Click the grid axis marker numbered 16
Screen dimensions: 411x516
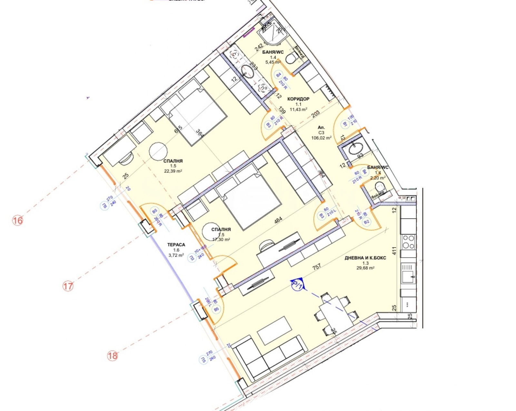point(18,221)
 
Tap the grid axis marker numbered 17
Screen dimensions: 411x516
point(68,286)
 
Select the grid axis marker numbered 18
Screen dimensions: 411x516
point(112,356)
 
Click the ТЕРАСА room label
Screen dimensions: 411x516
point(176,245)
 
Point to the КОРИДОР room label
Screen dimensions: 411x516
point(298,99)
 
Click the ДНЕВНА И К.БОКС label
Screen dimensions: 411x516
point(365,258)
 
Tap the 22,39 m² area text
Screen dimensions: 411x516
point(173,171)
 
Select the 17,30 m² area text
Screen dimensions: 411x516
point(221,240)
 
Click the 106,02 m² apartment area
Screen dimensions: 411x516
point(321,138)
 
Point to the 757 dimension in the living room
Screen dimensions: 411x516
point(317,267)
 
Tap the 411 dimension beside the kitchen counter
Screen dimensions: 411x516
point(393,251)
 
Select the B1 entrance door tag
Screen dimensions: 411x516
point(344,124)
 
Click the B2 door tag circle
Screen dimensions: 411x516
point(366,222)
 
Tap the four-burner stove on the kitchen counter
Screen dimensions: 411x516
point(408,242)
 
